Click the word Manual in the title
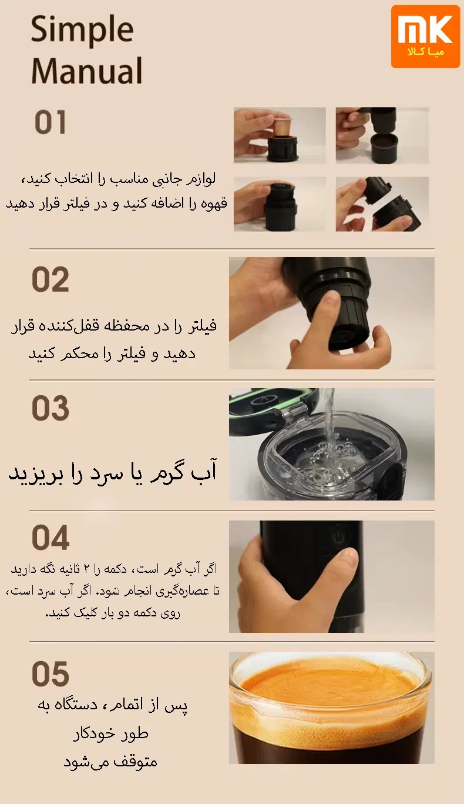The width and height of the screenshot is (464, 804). (x=87, y=71)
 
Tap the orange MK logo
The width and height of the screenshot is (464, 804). (x=425, y=36)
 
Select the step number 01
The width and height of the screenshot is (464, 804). (x=51, y=122)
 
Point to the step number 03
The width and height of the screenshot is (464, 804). (x=51, y=409)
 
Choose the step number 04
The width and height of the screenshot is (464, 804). (x=51, y=538)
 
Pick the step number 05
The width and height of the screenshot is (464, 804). (x=51, y=674)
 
